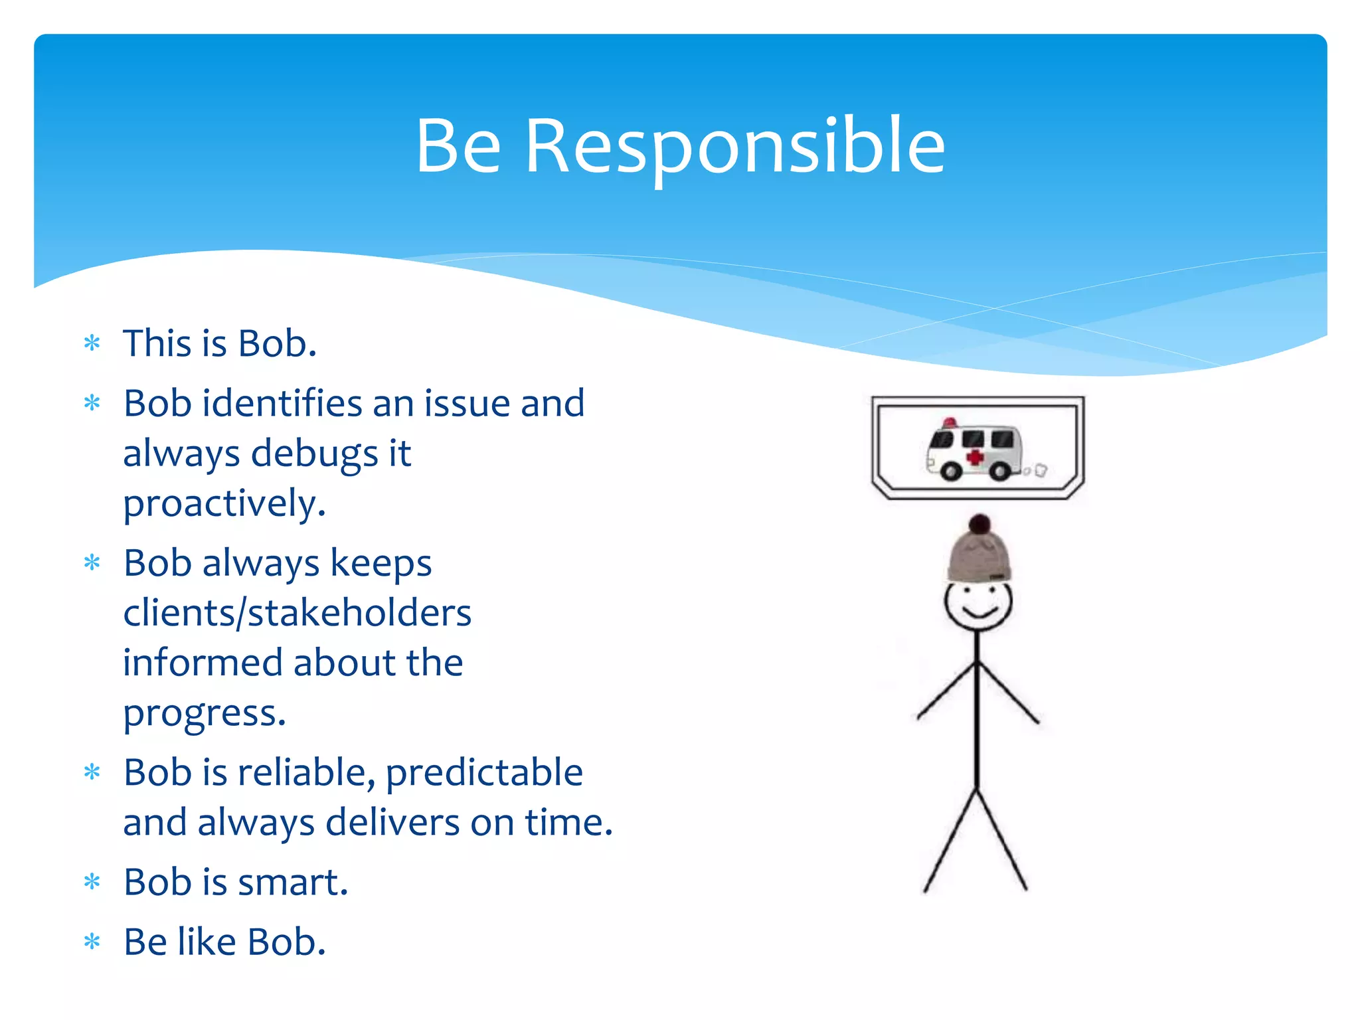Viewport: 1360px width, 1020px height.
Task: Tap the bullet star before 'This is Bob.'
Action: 92,343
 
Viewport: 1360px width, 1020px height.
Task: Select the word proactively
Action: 224,503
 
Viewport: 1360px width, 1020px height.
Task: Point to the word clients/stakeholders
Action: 297,612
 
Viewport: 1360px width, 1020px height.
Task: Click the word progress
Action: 204,714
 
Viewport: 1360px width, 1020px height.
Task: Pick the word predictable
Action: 484,773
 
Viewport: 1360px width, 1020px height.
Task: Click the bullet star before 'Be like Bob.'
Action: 92,942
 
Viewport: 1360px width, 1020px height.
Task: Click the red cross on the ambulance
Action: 975,458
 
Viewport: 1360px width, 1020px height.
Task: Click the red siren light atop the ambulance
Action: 950,423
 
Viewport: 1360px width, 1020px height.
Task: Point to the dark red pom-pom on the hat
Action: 979,524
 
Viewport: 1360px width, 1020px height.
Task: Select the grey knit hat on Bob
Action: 979,558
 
